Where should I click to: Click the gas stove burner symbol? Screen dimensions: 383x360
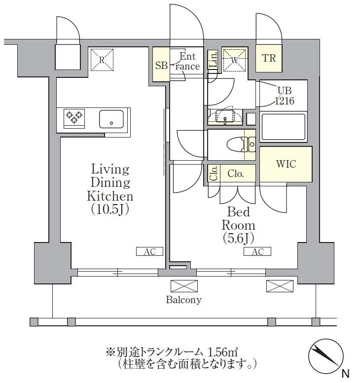(74, 117)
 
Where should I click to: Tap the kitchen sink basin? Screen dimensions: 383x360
(111, 119)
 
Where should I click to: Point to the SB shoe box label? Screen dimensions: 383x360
(161, 65)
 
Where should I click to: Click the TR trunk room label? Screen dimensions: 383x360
(269, 59)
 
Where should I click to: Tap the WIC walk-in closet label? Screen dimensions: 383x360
(286, 164)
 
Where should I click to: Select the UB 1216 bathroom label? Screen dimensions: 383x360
(285, 96)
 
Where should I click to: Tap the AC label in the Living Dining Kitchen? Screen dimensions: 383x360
(149, 251)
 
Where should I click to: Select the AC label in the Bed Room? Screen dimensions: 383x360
(257, 251)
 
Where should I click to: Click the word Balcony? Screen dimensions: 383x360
(183, 300)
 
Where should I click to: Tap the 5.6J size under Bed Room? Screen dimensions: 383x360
(238, 238)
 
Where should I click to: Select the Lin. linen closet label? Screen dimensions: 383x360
(213, 60)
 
